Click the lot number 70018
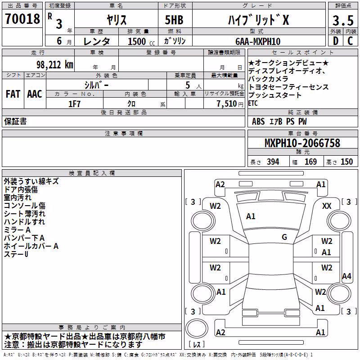pyautogui.click(x=22, y=19)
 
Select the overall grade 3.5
pyautogui.click(x=343, y=20)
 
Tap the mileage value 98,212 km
pyautogui.click(x=55, y=65)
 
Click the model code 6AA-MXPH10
pyautogui.click(x=258, y=41)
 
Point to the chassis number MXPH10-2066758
pyautogui.click(x=302, y=143)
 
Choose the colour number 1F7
pyautogui.click(x=74, y=104)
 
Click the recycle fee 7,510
pyautogui.click(x=227, y=104)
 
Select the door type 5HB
pyautogui.click(x=174, y=20)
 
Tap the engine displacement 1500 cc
pyautogui.click(x=141, y=41)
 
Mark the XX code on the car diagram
pyautogui.click(x=327, y=206)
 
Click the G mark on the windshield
pyautogui.click(x=284, y=237)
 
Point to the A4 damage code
pyautogui.click(x=346, y=276)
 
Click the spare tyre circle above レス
pyautogui.click(x=197, y=328)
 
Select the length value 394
pyautogui.click(x=273, y=162)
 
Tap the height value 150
pyautogui.click(x=346, y=162)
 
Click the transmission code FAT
pyautogui.click(x=13, y=94)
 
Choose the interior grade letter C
pyautogui.click(x=350, y=41)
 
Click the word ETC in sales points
pyautogui.click(x=253, y=103)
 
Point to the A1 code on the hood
pyautogui.click(x=251, y=216)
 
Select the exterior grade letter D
pyautogui.click(x=336, y=41)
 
